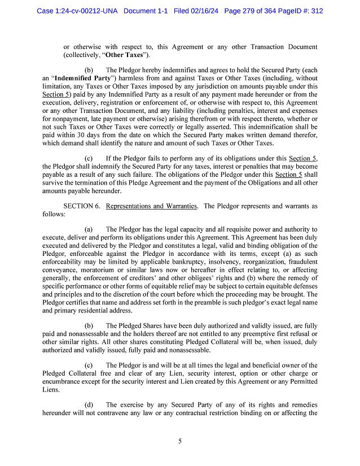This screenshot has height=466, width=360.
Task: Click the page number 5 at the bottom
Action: click(x=179, y=441)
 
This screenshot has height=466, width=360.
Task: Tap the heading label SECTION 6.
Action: click(x=82, y=206)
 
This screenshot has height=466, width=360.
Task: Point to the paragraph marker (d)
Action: click(x=89, y=404)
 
